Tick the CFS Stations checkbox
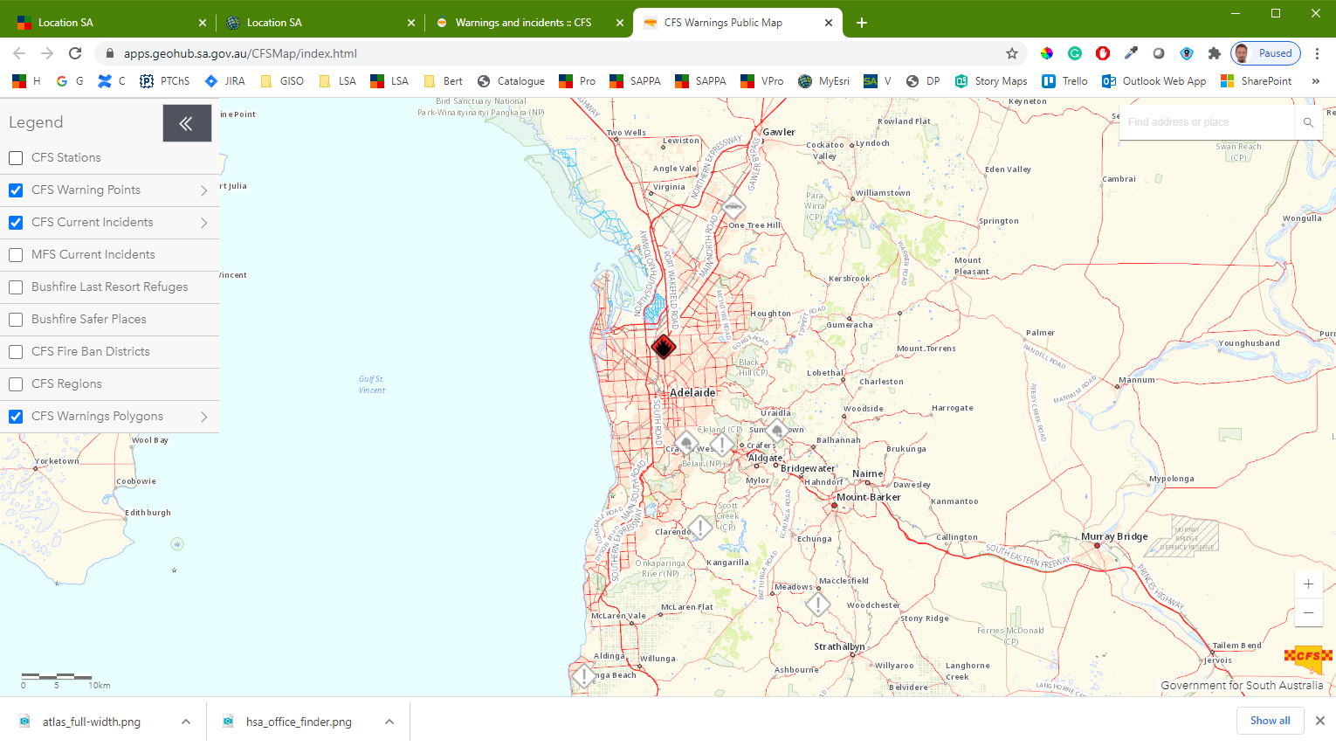[16, 158]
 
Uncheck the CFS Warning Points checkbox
[16, 190]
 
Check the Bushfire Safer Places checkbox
[16, 320]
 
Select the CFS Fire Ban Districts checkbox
[16, 352]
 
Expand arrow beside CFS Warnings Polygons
[204, 417]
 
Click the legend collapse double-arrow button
[187, 123]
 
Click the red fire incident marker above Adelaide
[664, 347]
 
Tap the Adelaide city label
[692, 393]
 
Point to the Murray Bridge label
[1114, 536]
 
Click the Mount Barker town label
[868, 497]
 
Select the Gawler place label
[779, 132]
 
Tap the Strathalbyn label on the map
[839, 646]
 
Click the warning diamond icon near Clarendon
[699, 528]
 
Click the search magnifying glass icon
[1308, 122]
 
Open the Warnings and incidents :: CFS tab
[523, 23]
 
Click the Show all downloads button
[1270, 721]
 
